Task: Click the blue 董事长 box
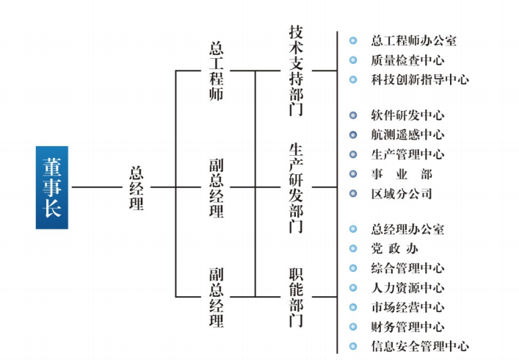tap(51, 187)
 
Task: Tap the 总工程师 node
tap(217, 71)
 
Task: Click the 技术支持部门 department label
tap(296, 71)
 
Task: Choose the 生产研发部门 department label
tap(296, 187)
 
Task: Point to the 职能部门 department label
tap(296, 296)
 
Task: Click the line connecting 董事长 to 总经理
tap(95, 187)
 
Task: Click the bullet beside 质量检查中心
tap(353, 60)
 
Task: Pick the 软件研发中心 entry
tap(407, 115)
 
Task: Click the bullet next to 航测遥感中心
tap(353, 135)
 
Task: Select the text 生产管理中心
tap(407, 154)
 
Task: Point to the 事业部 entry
tap(402, 174)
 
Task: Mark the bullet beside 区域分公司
tap(353, 194)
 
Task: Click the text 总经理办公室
tap(407, 230)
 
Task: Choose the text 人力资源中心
tap(407, 288)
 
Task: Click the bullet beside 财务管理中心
tap(353, 327)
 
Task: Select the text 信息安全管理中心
tap(420, 346)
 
